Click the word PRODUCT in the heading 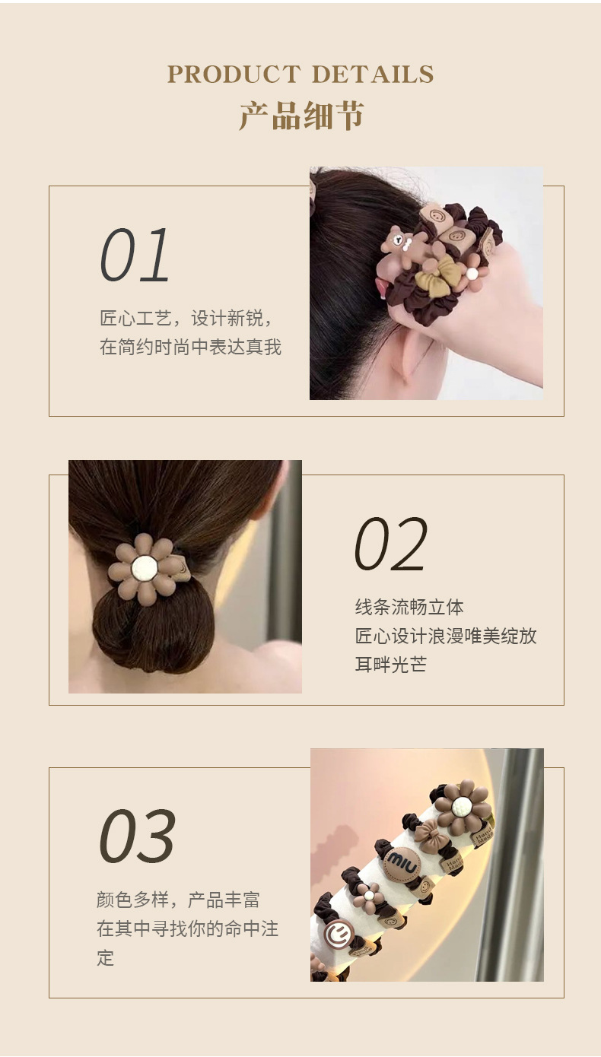[234, 74]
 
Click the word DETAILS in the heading [373, 74]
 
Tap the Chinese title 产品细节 [301, 116]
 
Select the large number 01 [135, 255]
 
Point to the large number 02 [391, 544]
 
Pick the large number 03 [137, 835]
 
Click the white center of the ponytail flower [144, 568]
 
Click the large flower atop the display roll [463, 806]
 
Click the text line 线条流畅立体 [409, 607]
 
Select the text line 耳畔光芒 [390, 665]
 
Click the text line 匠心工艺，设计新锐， [187, 319]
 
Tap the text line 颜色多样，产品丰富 [179, 900]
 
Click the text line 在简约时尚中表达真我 [190, 348]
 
